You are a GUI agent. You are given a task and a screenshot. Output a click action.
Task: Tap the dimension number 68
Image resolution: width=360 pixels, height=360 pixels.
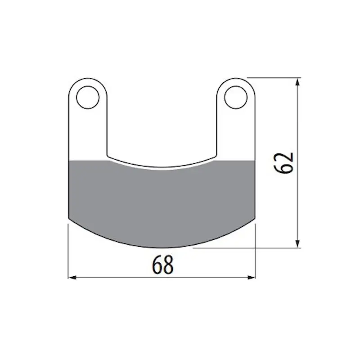(x=162, y=265)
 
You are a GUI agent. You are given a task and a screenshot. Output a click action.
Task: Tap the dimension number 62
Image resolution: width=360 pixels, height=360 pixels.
(x=284, y=163)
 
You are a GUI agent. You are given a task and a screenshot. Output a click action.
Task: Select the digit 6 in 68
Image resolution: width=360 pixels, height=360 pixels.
(x=157, y=265)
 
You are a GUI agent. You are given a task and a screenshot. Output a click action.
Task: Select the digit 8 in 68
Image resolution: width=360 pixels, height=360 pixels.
(x=168, y=265)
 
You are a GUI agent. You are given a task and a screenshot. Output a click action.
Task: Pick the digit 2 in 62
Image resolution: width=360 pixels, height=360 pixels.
(x=284, y=157)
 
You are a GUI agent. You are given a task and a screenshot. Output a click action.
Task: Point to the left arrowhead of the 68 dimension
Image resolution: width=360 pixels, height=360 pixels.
(x=72, y=278)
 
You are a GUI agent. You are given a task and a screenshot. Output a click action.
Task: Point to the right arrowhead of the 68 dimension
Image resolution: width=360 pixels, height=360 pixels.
(x=252, y=278)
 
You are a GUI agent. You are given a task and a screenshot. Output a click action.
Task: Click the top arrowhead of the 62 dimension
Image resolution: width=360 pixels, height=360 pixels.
(x=297, y=82)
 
